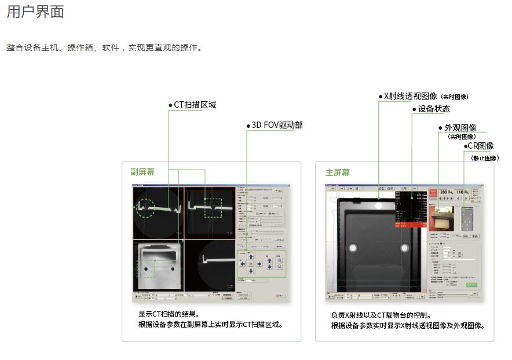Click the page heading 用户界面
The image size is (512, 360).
click(x=35, y=12)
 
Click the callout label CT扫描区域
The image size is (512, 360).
click(x=195, y=105)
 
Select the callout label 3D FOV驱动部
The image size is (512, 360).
click(x=277, y=125)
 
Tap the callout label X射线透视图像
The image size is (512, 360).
click(x=411, y=96)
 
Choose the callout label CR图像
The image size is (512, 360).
click(x=480, y=146)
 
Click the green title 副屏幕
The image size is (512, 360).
click(x=142, y=172)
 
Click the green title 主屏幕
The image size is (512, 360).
click(x=338, y=172)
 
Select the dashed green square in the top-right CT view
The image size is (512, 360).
click(x=213, y=208)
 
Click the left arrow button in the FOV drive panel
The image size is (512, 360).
click(x=243, y=264)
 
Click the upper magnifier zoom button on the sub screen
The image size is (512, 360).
click(x=280, y=261)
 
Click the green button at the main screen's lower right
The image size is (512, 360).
click(x=471, y=285)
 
